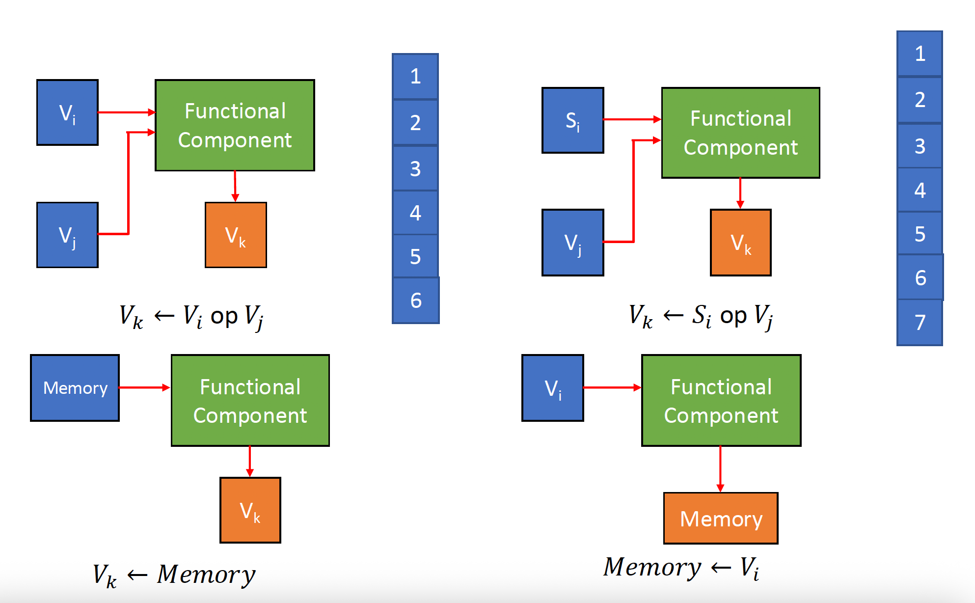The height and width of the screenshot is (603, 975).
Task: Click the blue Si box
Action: (x=572, y=120)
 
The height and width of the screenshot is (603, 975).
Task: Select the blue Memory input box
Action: (x=75, y=388)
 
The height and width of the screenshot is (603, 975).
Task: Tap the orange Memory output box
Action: (x=720, y=518)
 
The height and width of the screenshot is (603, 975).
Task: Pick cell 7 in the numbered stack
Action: (x=920, y=322)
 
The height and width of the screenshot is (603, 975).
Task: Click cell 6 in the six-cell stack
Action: (x=415, y=300)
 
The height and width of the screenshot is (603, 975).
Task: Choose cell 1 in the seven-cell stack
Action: (x=920, y=54)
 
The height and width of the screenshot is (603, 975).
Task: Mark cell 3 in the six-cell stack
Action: (x=415, y=168)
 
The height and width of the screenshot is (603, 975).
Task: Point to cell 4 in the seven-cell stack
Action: (x=920, y=190)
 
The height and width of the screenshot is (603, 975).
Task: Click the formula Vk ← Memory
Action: (x=174, y=575)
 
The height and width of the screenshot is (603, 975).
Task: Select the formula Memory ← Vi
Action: (x=681, y=568)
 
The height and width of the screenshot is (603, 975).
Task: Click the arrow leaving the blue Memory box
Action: (x=144, y=388)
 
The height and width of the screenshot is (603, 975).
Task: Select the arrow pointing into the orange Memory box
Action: (x=720, y=469)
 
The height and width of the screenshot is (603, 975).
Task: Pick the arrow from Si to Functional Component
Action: (x=632, y=119)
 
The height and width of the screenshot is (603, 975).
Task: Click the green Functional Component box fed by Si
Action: (x=740, y=133)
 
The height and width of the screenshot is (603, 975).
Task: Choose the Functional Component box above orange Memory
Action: (x=721, y=400)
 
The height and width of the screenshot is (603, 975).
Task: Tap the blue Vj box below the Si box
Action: (x=572, y=243)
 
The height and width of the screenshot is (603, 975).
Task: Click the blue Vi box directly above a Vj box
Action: (x=67, y=112)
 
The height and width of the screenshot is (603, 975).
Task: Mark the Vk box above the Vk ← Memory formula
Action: (x=250, y=510)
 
